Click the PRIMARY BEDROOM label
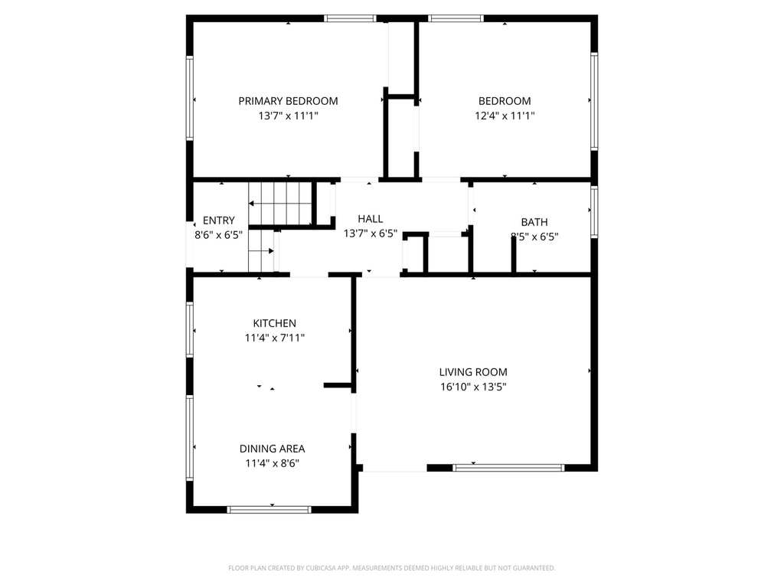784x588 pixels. click(x=288, y=101)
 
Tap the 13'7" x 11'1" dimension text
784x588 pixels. click(x=288, y=116)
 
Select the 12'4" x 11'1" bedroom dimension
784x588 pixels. click(x=505, y=116)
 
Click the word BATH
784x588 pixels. click(x=534, y=222)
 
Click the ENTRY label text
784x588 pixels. click(x=219, y=220)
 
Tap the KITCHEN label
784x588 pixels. click(x=275, y=323)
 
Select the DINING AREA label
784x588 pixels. click(x=273, y=449)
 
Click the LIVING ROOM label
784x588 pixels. click(x=473, y=372)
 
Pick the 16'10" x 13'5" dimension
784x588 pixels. click(x=473, y=387)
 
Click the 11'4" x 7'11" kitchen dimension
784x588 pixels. click(x=275, y=338)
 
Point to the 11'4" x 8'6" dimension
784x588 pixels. click(x=273, y=463)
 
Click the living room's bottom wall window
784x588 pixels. click(x=508, y=467)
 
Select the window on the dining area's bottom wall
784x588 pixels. click(x=269, y=509)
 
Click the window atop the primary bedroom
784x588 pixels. click(x=350, y=18)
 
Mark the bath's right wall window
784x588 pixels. click(x=594, y=212)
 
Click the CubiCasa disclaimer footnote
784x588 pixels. click(x=392, y=568)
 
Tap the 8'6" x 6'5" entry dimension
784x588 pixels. click(x=219, y=235)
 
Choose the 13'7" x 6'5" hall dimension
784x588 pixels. click(x=371, y=234)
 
